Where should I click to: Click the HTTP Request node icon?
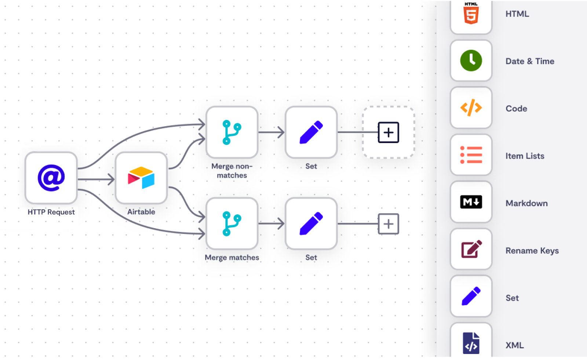point(51,178)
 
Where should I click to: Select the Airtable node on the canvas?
point(141,178)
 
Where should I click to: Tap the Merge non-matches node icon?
point(232,132)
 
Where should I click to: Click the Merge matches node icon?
point(232,223)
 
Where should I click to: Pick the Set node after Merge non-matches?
point(311,132)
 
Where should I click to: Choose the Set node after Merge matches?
point(311,223)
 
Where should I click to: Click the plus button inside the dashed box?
point(389,132)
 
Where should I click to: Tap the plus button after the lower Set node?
point(389,223)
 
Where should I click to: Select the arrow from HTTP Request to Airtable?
point(96,179)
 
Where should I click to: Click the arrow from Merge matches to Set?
point(271,223)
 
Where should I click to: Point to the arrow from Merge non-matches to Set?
point(271,132)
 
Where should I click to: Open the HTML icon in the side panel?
point(471,15)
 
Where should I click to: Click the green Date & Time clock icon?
point(471,61)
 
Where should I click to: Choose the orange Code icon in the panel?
point(471,108)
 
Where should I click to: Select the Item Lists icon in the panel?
point(471,155)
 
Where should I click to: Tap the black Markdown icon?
point(471,202)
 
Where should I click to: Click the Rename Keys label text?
point(532,251)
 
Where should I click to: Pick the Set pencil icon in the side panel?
point(471,296)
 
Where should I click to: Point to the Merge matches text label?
point(232,258)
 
